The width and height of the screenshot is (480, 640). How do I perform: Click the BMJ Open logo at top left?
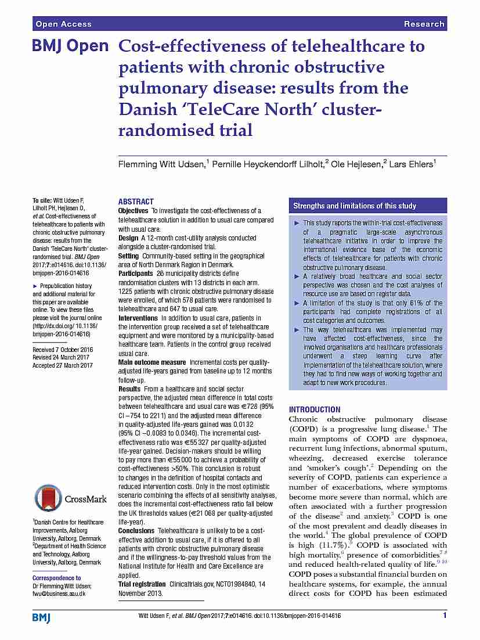(70, 46)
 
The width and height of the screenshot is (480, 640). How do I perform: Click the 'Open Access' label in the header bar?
(63, 24)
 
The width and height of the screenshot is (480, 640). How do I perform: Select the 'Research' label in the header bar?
(424, 24)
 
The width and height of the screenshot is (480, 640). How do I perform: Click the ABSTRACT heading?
(136, 202)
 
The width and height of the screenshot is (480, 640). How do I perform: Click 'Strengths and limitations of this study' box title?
(354, 206)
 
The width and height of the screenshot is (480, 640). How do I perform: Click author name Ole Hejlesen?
(355, 164)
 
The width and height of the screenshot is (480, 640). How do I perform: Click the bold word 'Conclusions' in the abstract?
(136, 531)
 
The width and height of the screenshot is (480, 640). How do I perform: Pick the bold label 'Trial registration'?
(142, 584)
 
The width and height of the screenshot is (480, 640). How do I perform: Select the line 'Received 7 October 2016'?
(63, 350)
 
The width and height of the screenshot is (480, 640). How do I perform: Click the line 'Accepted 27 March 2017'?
(62, 365)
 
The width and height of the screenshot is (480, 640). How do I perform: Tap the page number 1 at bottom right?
(444, 616)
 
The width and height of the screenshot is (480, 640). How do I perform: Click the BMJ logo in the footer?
(41, 617)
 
